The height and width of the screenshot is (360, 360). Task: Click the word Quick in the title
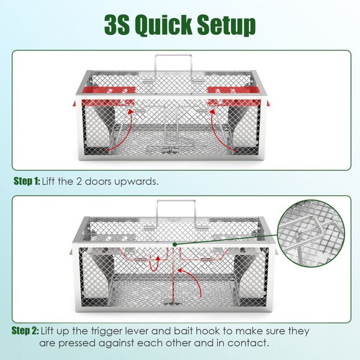(164, 25)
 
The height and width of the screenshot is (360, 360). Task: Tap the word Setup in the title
(227, 25)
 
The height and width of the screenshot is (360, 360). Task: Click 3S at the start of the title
(117, 24)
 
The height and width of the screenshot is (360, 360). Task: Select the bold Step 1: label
(27, 181)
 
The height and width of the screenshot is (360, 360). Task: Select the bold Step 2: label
(25, 331)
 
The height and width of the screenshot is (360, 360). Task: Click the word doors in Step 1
(98, 181)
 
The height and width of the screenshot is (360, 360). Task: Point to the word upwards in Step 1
(136, 182)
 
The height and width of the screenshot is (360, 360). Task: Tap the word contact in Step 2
(248, 343)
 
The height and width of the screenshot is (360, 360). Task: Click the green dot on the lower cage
(175, 244)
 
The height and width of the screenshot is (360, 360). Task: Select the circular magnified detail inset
(311, 233)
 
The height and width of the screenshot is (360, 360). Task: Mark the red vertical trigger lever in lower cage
(173, 275)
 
